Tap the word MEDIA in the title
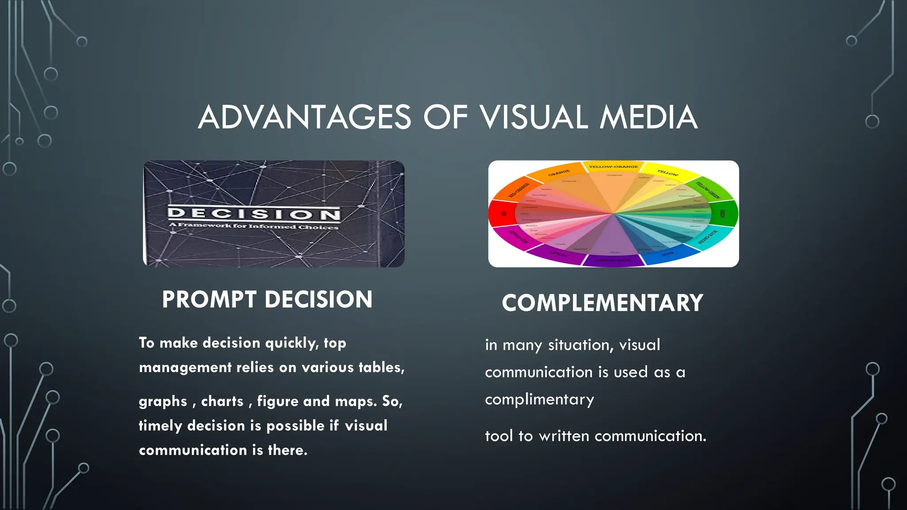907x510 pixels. [648, 117]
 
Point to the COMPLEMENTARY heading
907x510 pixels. [602, 303]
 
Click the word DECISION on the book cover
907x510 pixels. [254, 214]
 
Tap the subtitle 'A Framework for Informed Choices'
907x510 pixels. [254, 226]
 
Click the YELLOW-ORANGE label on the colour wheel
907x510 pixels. [613, 167]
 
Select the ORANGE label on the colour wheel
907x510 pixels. [559, 173]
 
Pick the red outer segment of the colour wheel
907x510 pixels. [501, 214]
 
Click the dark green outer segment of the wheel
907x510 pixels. [725, 213]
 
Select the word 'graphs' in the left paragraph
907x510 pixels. [163, 401]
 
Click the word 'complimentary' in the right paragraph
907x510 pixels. [539, 400]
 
